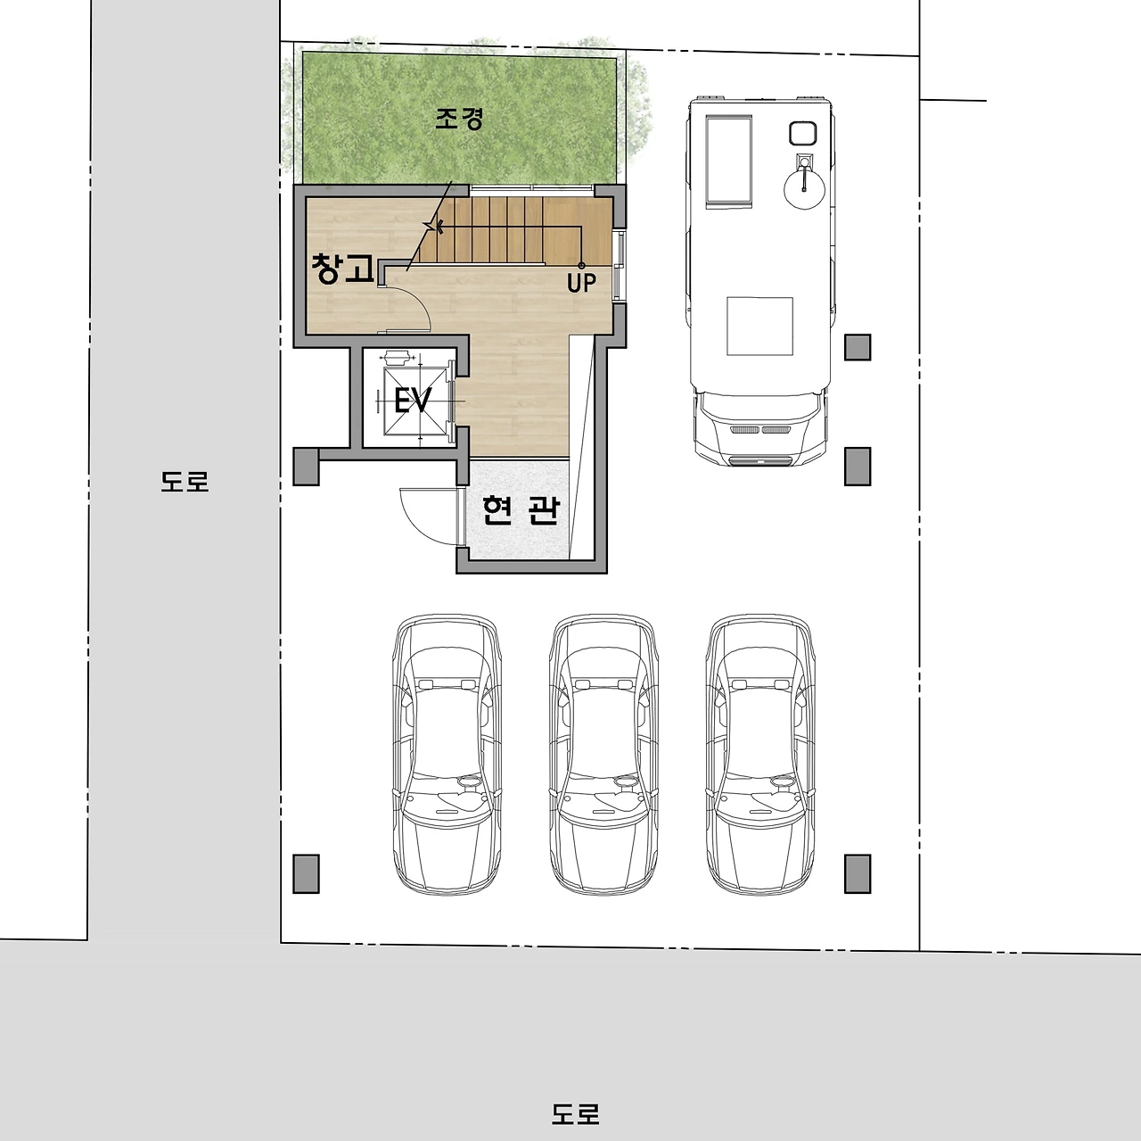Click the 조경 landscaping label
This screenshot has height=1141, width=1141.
tap(459, 120)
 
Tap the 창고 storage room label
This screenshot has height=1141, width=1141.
tap(343, 269)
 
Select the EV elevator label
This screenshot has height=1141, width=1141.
tap(412, 401)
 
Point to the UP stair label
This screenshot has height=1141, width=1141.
tap(581, 283)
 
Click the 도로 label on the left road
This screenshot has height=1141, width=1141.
tap(185, 482)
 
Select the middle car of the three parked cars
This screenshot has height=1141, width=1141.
tap(603, 755)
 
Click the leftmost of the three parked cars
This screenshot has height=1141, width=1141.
tap(446, 755)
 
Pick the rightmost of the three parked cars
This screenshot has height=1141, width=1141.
tap(760, 755)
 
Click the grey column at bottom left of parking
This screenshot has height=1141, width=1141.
tap(306, 873)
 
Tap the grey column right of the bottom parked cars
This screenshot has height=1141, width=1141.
tap(858, 873)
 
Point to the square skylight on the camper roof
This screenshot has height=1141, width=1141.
tap(759, 326)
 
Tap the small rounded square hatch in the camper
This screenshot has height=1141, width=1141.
tap(803, 133)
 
